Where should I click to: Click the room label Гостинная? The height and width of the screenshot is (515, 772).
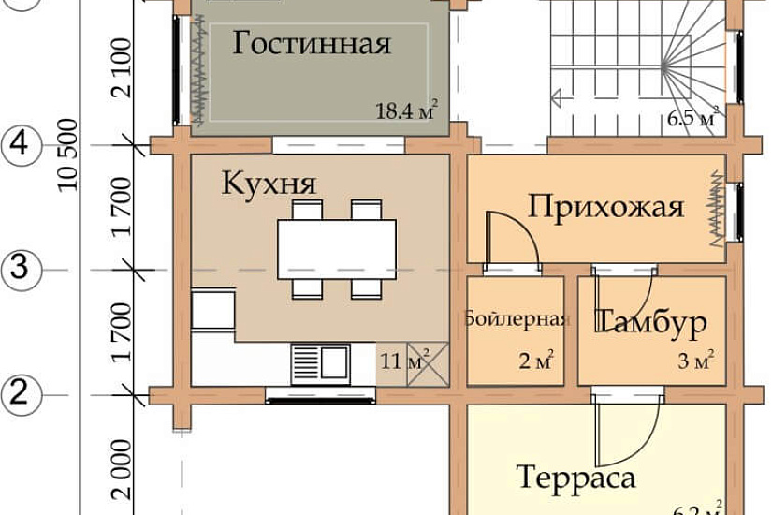(x=312, y=44)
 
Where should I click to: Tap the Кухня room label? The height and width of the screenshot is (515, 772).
(x=269, y=184)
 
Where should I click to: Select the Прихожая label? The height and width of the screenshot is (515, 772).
(x=606, y=206)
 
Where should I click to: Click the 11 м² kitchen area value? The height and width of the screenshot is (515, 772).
(x=403, y=359)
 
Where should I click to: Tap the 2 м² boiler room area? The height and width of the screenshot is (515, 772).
(x=536, y=359)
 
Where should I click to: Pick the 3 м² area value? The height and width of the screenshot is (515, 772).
(x=699, y=359)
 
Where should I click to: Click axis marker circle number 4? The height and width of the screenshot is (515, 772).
(x=24, y=145)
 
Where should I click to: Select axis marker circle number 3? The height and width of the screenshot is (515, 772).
(x=24, y=270)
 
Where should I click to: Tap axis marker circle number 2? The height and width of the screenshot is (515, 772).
(x=24, y=393)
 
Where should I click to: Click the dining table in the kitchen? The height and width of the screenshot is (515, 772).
(x=337, y=245)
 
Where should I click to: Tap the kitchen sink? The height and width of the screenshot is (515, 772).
(x=319, y=361)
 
